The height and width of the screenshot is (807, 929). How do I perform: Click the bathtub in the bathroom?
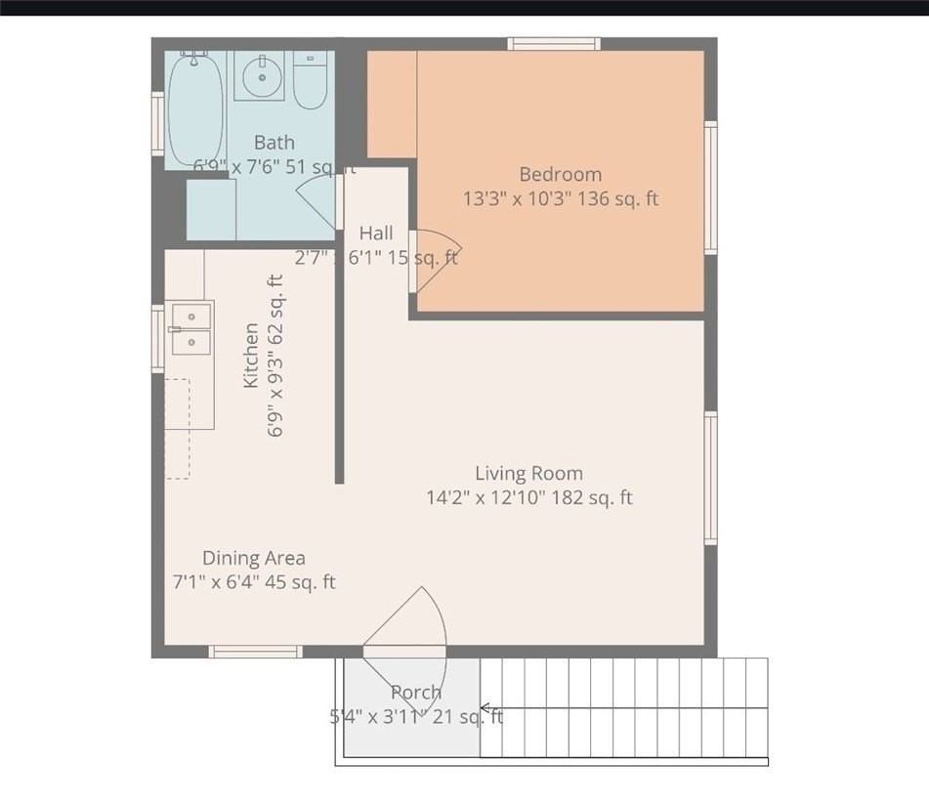[x=195, y=109]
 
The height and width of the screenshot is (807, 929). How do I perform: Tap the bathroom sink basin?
[x=259, y=75]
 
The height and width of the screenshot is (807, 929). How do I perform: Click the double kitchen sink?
[x=190, y=328]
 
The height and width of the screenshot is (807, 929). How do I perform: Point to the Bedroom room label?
[x=560, y=175]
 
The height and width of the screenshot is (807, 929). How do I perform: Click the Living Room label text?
[x=528, y=474]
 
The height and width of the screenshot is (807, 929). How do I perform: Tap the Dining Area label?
[x=253, y=559]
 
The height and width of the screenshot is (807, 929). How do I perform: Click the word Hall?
[x=376, y=234]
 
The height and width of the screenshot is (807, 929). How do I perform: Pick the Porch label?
[x=416, y=693]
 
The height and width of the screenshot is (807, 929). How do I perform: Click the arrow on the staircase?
[x=486, y=708]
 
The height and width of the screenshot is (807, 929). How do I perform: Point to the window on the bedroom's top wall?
[x=554, y=43]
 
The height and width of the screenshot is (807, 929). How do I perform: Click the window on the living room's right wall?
[x=711, y=478]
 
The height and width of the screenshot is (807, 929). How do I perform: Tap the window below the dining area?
[x=256, y=652]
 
